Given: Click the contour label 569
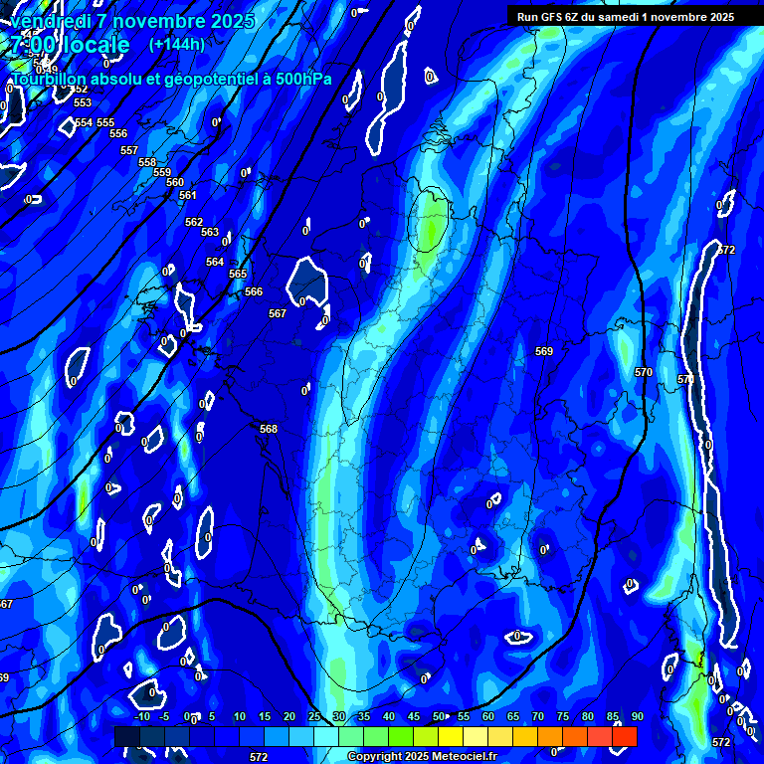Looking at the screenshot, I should click(544, 351).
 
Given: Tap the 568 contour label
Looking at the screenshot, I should click(269, 429).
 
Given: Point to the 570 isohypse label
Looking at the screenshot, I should click(644, 372).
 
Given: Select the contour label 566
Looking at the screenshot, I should click(254, 291).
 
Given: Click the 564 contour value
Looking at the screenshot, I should click(215, 262).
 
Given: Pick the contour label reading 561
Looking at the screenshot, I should click(188, 195).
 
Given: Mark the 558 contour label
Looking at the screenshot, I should click(147, 162).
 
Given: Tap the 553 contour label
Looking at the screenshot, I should click(83, 102).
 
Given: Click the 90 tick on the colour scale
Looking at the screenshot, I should click(637, 717).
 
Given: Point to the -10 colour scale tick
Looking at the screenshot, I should click(142, 717).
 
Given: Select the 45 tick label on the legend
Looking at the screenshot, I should click(414, 717).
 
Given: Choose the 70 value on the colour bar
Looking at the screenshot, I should click(538, 717).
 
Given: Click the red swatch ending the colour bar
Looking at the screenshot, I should click(625, 736).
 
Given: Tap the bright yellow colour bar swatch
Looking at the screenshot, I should click(451, 736).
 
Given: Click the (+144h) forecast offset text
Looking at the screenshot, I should click(176, 44).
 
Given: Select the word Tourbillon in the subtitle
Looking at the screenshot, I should click(51, 79).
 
